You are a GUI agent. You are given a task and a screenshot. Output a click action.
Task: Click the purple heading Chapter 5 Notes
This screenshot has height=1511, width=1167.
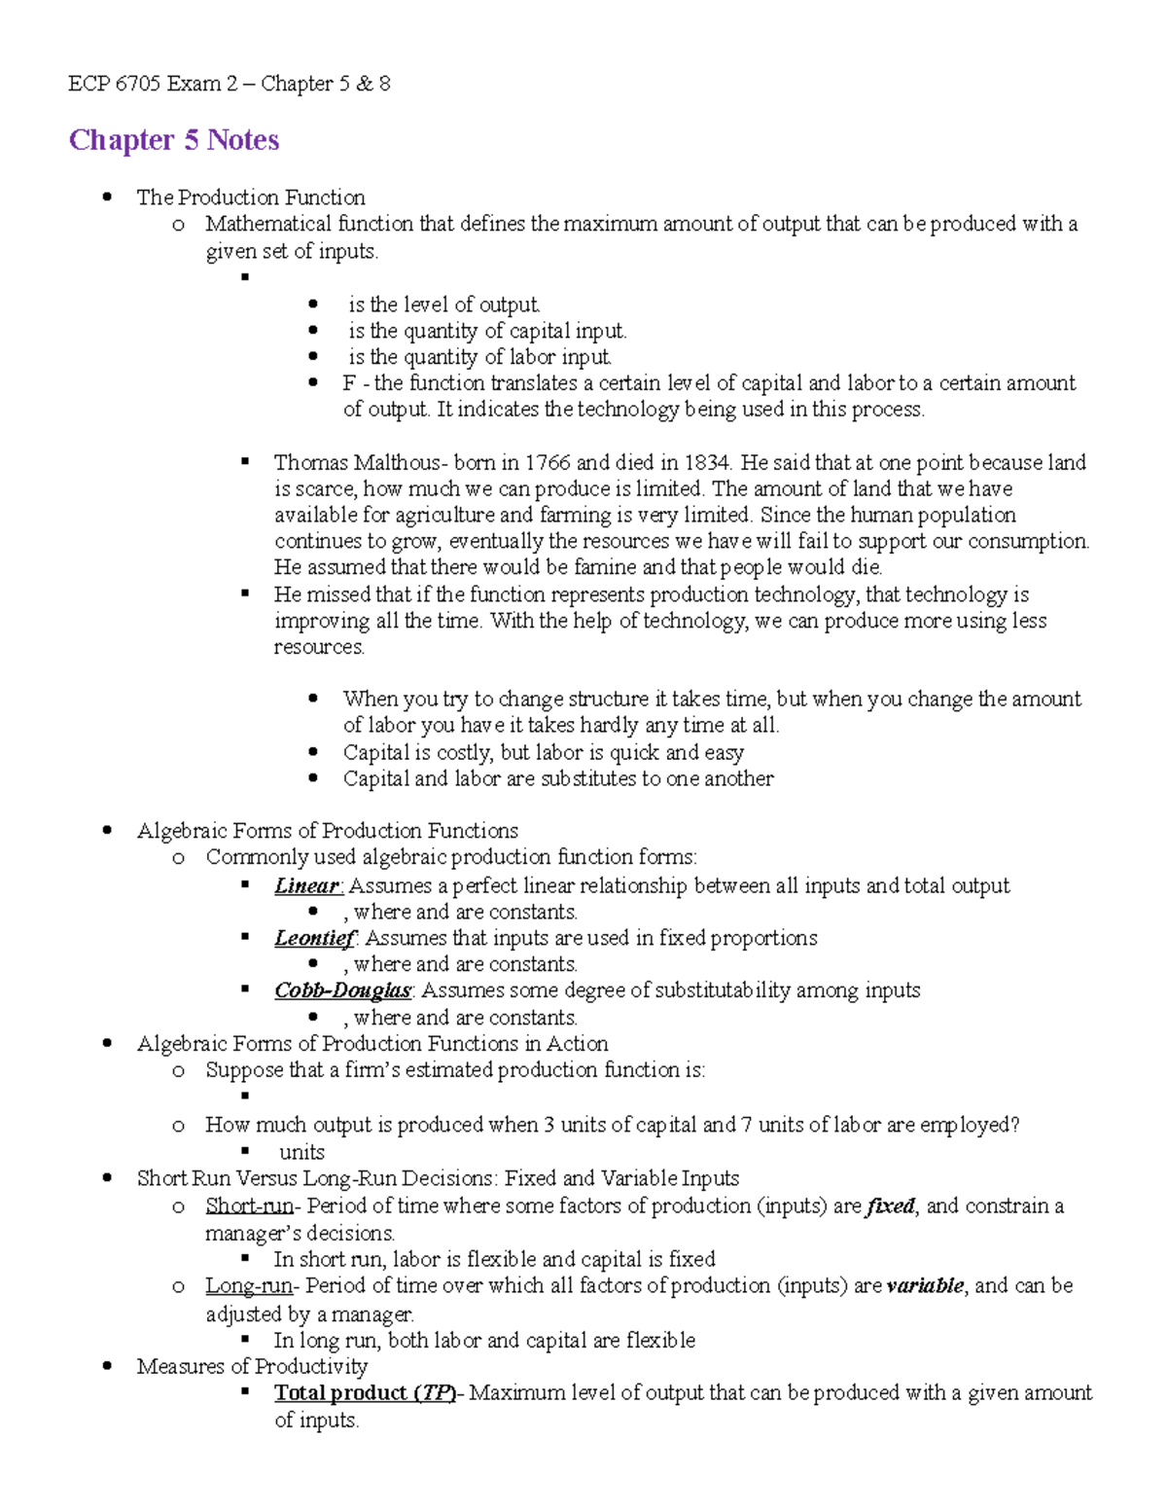tap(173, 140)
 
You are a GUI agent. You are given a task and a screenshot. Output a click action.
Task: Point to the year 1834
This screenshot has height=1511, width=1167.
tap(708, 462)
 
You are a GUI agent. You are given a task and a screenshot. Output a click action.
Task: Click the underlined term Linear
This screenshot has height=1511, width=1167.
tap(306, 885)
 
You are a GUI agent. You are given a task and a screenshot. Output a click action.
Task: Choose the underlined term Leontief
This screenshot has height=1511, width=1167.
tap(314, 938)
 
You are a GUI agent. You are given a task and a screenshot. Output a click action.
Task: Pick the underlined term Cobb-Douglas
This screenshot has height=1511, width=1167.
tap(342, 990)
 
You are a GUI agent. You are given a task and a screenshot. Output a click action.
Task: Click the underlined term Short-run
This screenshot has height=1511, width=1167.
tap(249, 1206)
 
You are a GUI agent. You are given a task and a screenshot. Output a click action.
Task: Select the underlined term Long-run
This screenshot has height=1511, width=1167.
tap(249, 1286)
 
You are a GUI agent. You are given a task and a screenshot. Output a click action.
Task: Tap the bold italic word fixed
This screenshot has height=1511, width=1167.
tap(890, 1206)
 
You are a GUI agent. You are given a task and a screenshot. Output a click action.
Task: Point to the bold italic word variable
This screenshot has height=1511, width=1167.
tap(924, 1286)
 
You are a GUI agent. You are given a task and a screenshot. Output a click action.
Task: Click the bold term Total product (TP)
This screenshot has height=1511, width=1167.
tap(365, 1393)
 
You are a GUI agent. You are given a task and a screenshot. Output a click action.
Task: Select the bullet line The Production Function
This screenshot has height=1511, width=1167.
tap(251, 198)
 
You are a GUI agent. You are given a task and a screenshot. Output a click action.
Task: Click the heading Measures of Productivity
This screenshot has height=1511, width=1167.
tap(252, 1366)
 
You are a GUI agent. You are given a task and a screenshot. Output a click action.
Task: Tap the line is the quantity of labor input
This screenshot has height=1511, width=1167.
tap(479, 357)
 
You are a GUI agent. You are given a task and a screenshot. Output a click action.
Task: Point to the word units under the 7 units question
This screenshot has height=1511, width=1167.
tap(301, 1153)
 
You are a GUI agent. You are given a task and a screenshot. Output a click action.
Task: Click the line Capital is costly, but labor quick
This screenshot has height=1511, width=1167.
tap(543, 752)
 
